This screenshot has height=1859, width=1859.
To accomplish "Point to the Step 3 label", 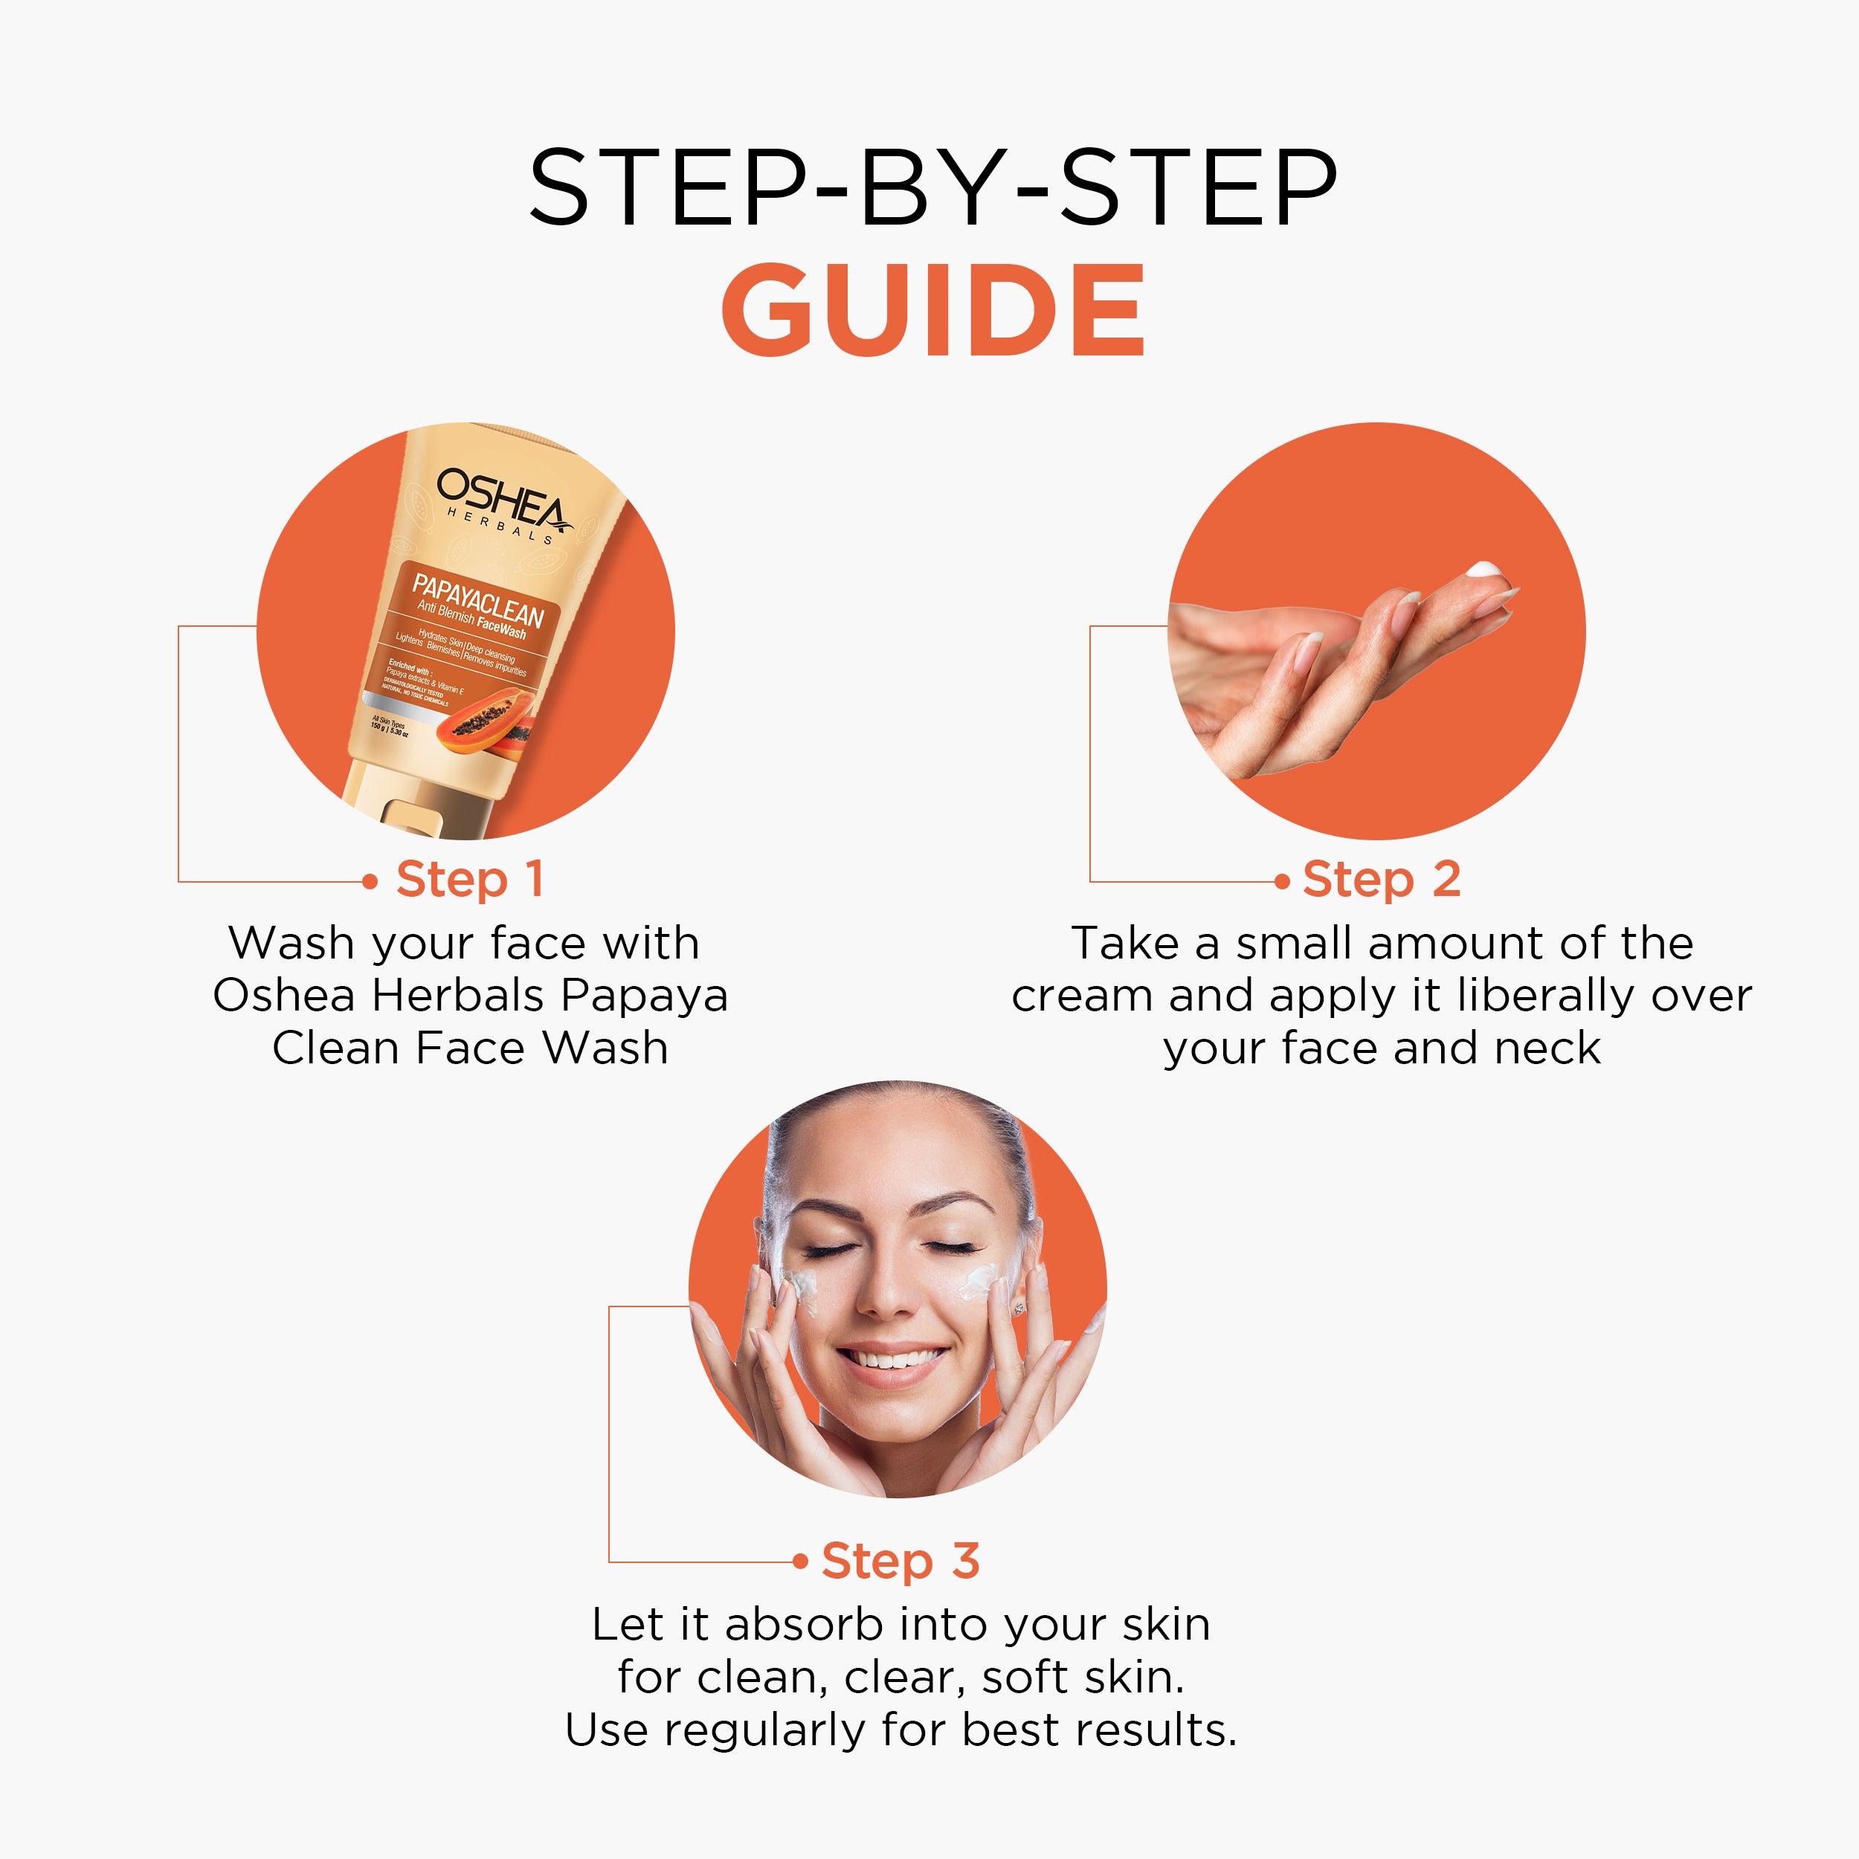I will (900, 1561).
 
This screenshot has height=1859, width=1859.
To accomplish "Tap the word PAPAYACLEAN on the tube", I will (478, 599).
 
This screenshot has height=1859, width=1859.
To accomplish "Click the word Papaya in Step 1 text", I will (644, 995).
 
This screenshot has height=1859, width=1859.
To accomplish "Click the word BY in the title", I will (932, 187).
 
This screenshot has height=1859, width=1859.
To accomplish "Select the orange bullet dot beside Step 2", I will (1280, 881).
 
